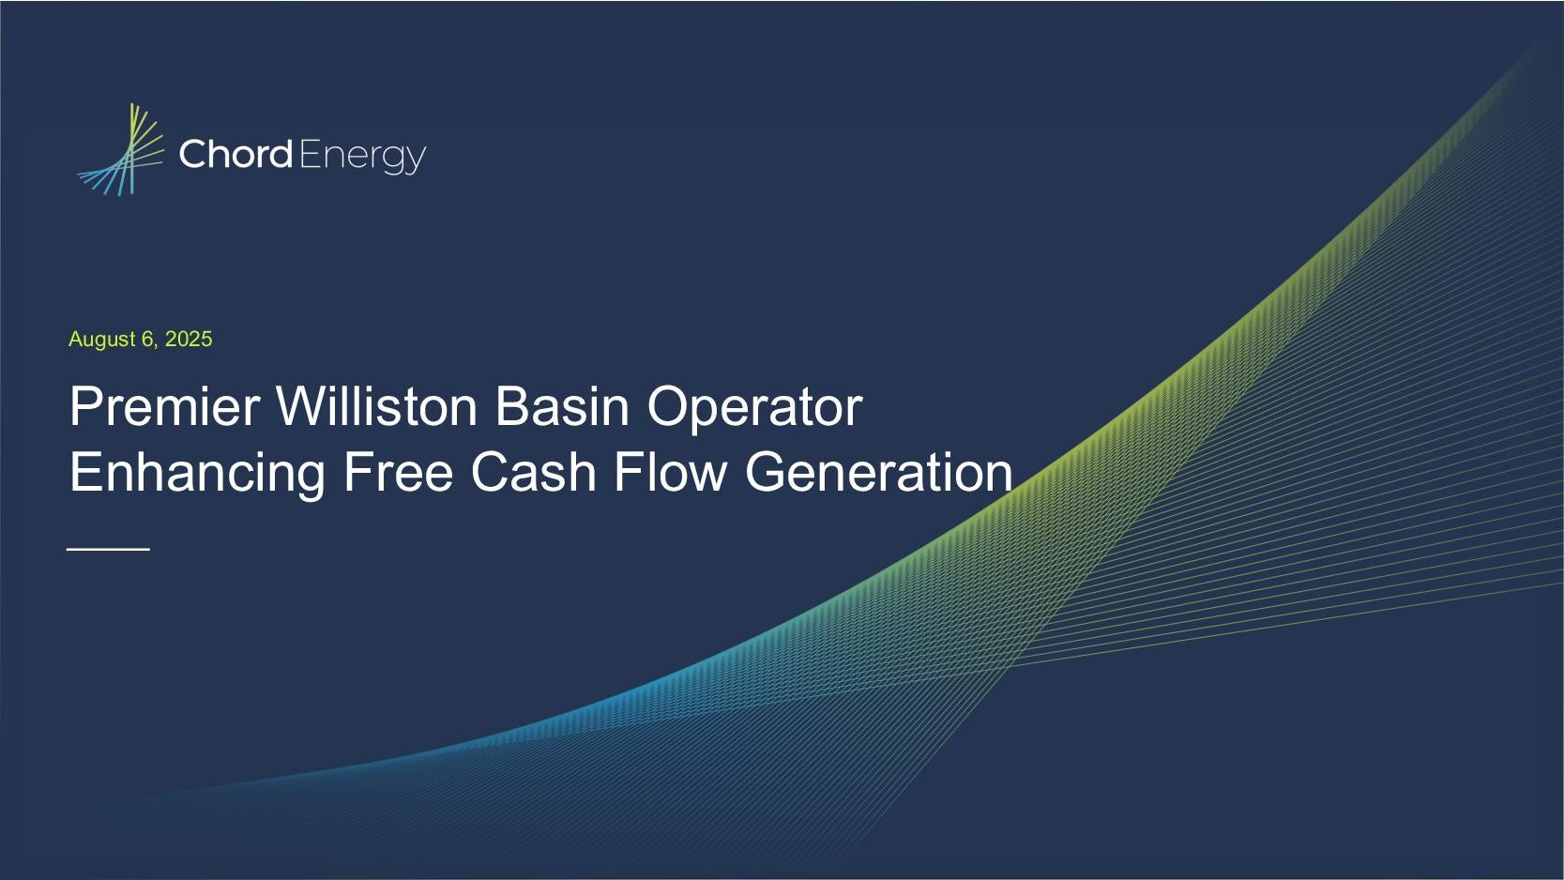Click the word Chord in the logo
coord(235,154)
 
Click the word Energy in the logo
coord(362,157)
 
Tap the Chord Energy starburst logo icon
coord(120,149)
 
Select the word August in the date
coord(102,340)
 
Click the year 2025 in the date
coord(189,339)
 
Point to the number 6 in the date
coord(149,339)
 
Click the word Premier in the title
coord(165,406)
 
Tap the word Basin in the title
coord(562,406)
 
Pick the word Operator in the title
coord(754,409)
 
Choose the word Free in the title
coord(398,472)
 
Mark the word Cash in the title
coord(534,472)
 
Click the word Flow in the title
coord(670,472)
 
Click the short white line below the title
coord(108,550)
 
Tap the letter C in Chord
coord(192,155)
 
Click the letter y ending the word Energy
coord(417,160)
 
